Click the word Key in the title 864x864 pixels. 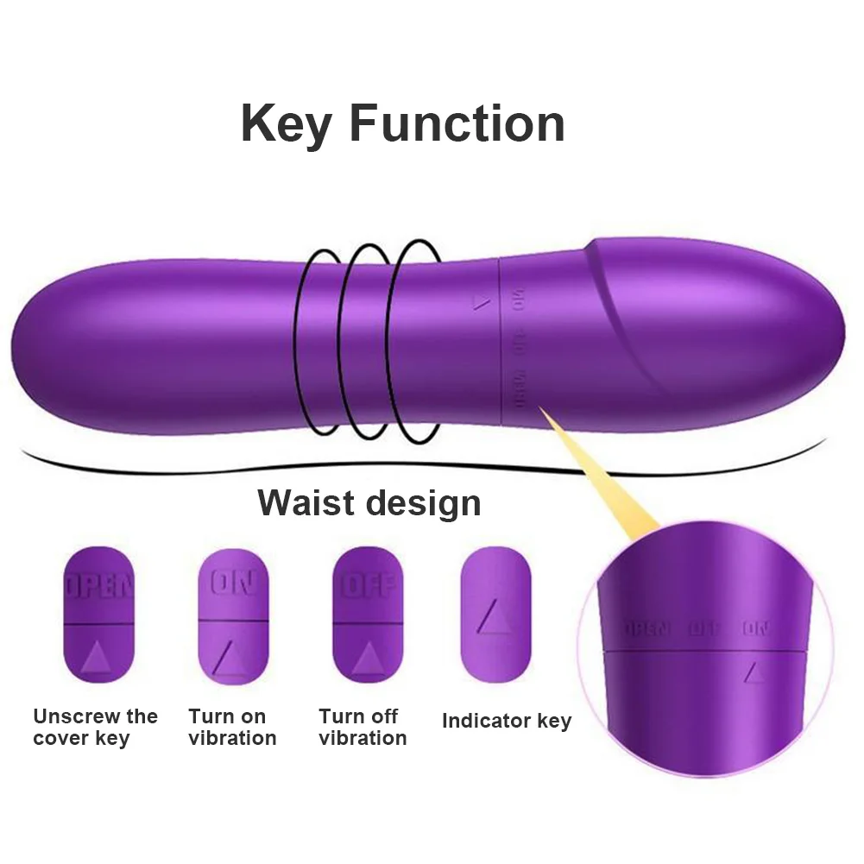coord(287,124)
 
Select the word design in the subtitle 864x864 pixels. coord(427,502)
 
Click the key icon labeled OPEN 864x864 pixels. coord(99,615)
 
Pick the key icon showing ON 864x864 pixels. coord(233,615)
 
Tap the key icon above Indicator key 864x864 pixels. coord(496,615)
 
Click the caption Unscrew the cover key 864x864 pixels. coord(95,727)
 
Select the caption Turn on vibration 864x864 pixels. coord(232,727)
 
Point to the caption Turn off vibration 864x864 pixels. coord(363,727)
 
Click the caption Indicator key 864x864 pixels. coord(507,721)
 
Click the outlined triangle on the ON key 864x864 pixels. coord(232,658)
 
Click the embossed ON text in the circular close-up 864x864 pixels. coord(756,628)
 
